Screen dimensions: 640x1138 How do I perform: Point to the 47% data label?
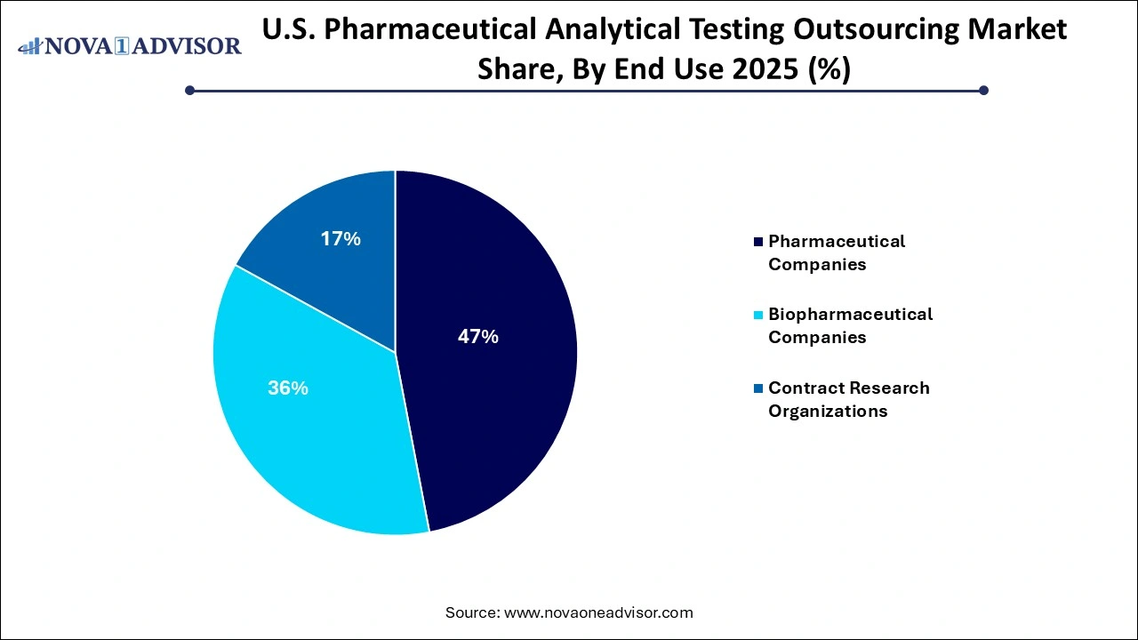[477, 337]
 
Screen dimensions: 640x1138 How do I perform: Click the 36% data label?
[288, 388]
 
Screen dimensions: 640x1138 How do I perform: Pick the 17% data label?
[341, 239]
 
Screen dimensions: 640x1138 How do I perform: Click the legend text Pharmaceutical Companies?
[836, 252]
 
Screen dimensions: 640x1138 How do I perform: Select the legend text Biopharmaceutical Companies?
[850, 325]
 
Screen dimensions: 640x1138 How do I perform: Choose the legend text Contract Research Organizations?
[848, 399]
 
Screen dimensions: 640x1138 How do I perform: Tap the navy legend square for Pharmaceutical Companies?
[757, 242]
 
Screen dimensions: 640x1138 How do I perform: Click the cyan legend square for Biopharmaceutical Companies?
[757, 315]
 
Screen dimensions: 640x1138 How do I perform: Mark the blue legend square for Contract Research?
[757, 388]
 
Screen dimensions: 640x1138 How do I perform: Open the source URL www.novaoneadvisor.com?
[598, 612]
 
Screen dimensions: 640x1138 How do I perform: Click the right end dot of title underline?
[983, 90]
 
